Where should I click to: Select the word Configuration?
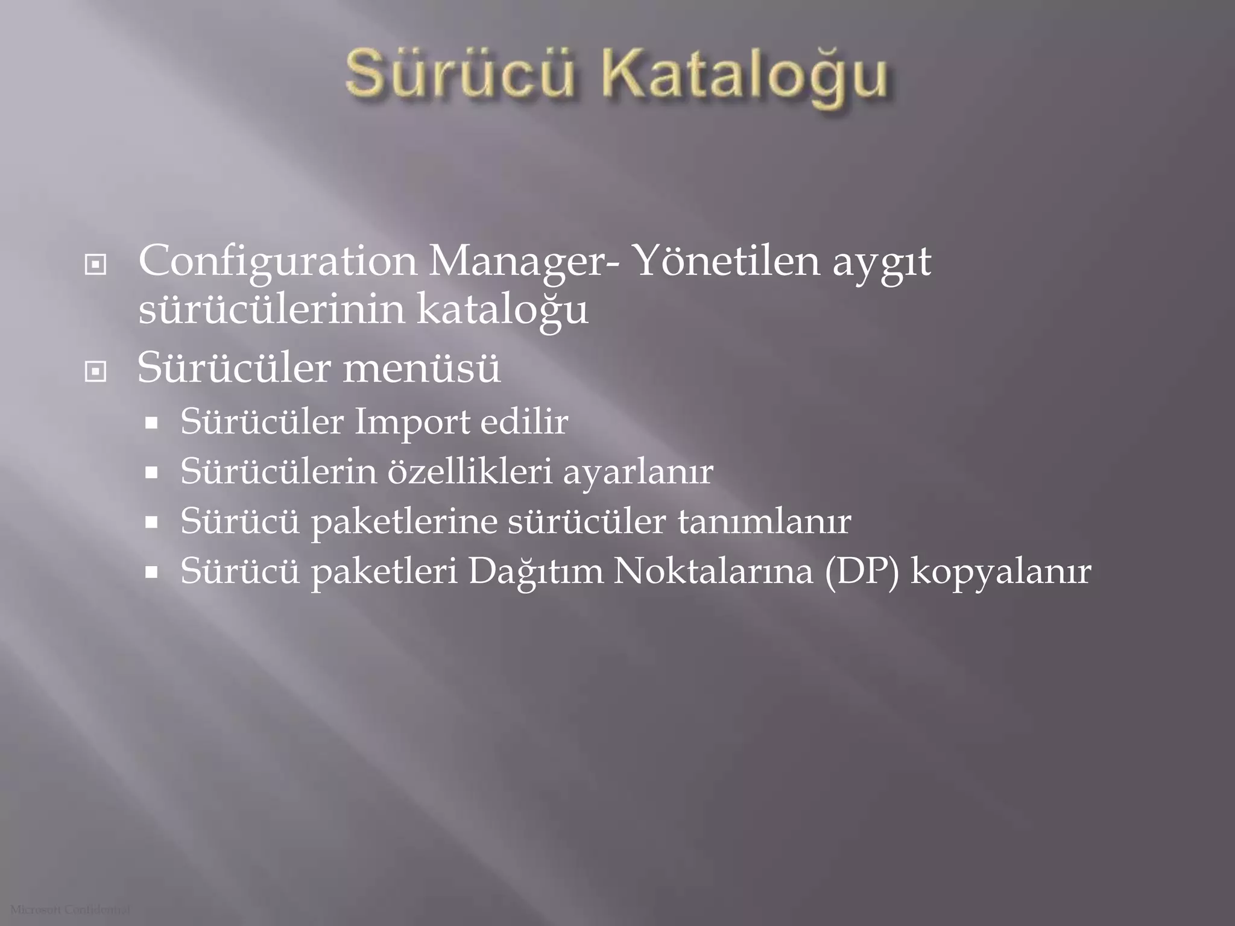(277, 262)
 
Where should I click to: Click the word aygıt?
(882, 263)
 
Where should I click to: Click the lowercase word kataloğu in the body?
(502, 310)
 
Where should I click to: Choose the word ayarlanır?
(638, 473)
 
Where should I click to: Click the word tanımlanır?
(764, 521)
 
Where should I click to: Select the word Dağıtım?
(535, 572)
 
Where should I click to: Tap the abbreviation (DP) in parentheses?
(862, 572)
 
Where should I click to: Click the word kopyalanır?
(1001, 573)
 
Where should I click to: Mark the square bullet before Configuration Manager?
(96, 265)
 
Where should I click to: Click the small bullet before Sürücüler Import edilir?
(151, 423)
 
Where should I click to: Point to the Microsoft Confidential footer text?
(70, 910)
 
